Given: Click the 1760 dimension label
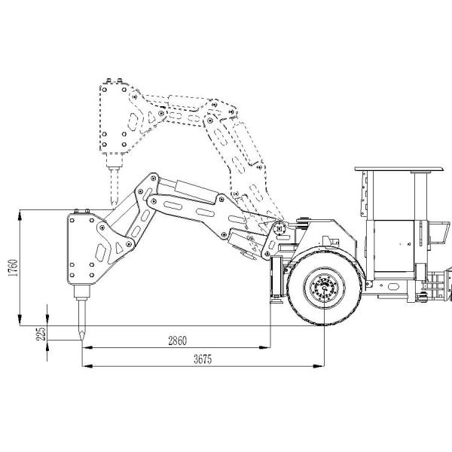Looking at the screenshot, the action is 13,267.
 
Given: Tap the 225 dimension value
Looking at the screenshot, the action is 41,334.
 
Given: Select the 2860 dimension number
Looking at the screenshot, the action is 177,341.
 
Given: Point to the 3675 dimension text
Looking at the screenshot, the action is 203,359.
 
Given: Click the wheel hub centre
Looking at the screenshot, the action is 325,288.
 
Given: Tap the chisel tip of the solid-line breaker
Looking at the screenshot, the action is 82,339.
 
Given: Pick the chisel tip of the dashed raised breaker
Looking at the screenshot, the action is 115,204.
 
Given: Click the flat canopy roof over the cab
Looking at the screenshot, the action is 399,169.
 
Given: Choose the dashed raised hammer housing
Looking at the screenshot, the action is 115,118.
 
